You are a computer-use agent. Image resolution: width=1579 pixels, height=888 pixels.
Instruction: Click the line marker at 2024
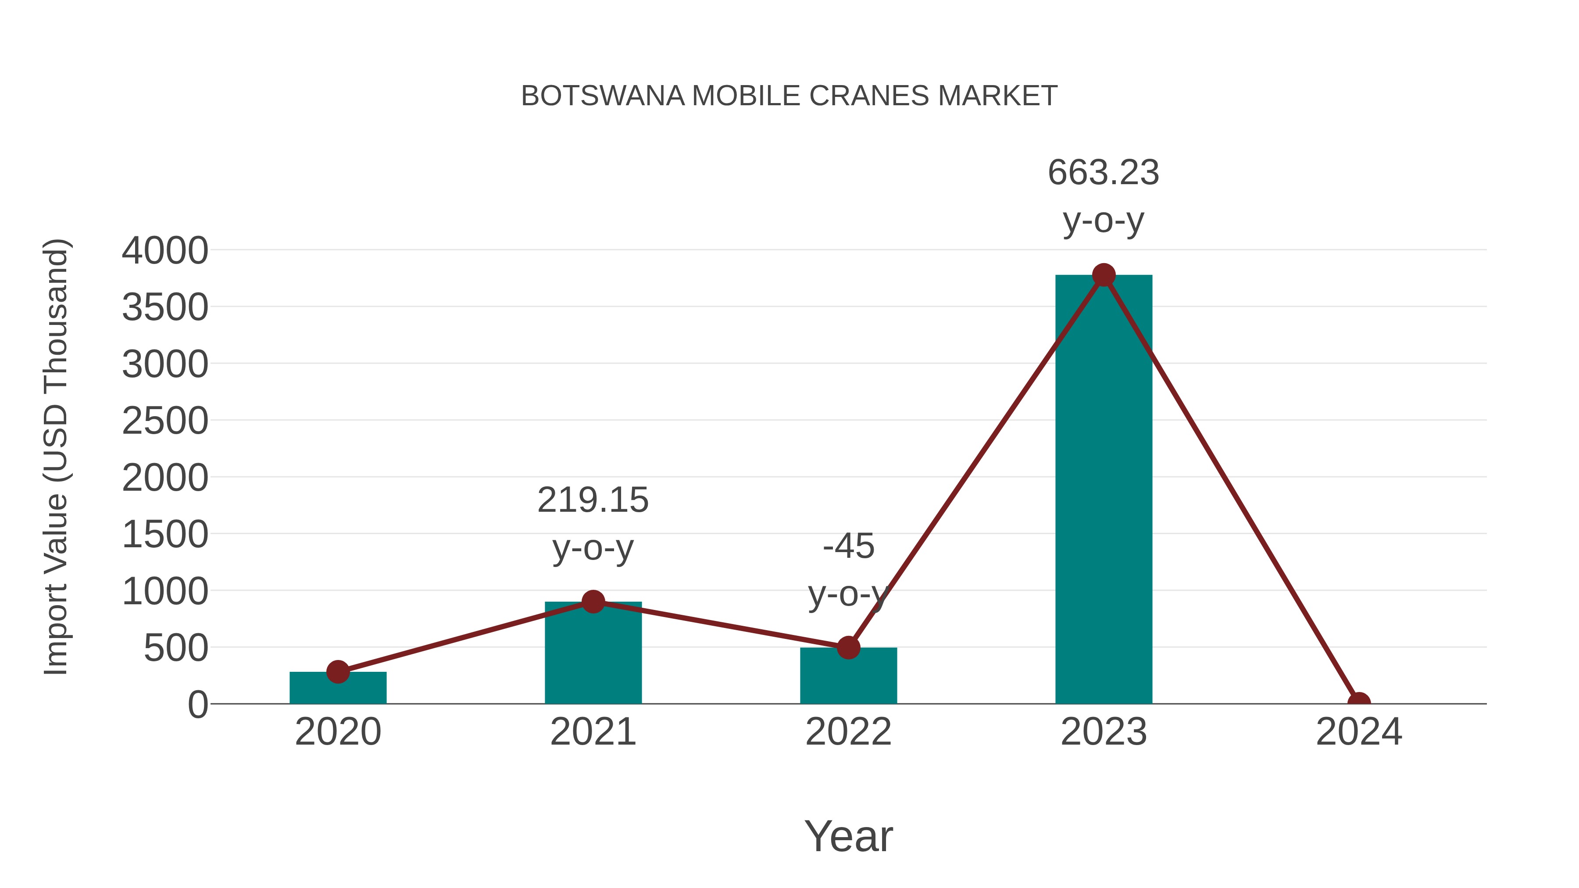click(x=1358, y=703)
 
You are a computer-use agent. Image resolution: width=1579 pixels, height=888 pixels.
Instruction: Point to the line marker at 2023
click(x=1104, y=275)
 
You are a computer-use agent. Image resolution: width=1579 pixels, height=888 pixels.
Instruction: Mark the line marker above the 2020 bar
click(x=338, y=672)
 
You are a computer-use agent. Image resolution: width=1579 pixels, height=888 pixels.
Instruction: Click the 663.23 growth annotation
click(x=1104, y=172)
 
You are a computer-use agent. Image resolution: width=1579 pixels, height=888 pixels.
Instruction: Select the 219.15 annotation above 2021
click(x=593, y=500)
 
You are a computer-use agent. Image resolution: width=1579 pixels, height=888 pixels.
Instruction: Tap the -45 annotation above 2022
click(x=848, y=546)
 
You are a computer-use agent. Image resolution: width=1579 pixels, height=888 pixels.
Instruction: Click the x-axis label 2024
click(x=1358, y=732)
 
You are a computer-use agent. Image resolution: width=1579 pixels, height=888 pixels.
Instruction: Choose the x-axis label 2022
click(x=848, y=732)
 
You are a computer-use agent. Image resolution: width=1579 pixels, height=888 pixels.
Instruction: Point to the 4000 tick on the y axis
click(x=165, y=251)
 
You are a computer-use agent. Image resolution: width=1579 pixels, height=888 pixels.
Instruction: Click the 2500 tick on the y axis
click(x=165, y=421)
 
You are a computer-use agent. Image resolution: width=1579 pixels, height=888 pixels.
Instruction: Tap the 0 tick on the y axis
click(x=197, y=705)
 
